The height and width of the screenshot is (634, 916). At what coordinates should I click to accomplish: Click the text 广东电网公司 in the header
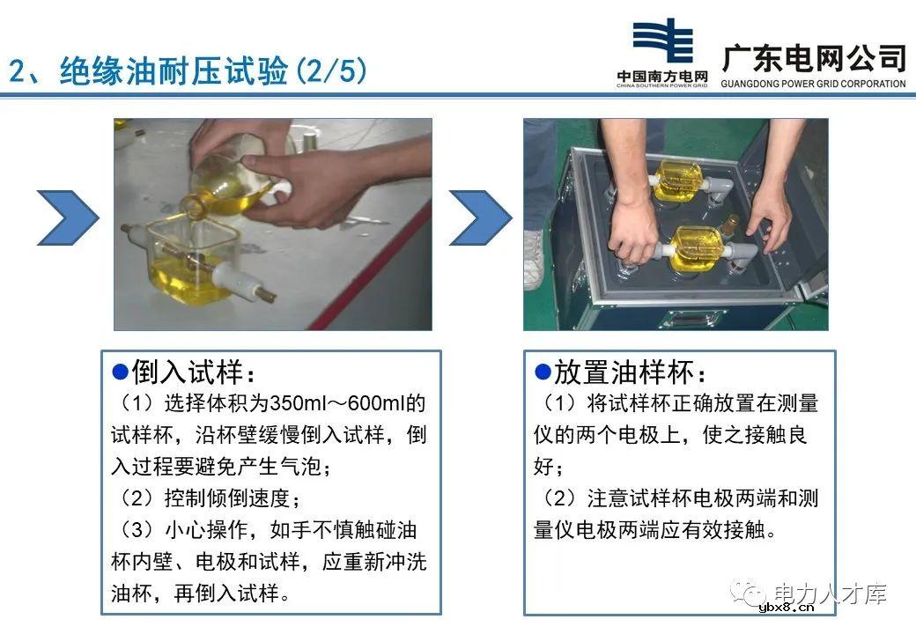(813, 57)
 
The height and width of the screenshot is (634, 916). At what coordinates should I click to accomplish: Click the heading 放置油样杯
(630, 372)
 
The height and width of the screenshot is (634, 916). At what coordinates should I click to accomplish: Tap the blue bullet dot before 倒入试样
(122, 371)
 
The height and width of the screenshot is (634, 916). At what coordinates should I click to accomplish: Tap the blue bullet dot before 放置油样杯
(543, 371)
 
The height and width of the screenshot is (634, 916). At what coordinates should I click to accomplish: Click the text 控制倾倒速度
(226, 498)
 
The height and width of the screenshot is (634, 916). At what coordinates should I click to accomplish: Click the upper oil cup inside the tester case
(677, 181)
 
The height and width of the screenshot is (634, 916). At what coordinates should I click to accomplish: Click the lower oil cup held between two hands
(696, 247)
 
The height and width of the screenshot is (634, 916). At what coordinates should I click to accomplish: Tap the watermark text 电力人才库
(829, 593)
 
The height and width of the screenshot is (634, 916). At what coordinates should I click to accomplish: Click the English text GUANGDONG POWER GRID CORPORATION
(813, 85)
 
